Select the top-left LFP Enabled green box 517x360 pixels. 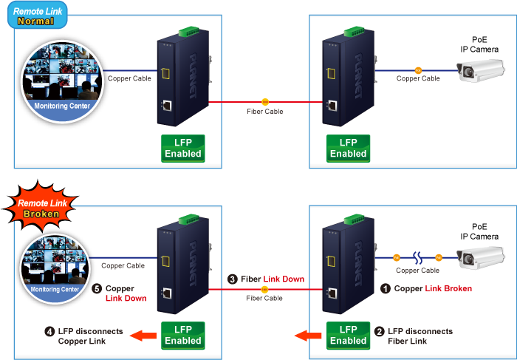(182, 148)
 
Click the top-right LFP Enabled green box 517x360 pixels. (348, 148)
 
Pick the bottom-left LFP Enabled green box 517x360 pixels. (182, 335)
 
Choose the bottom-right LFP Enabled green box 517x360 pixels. (348, 335)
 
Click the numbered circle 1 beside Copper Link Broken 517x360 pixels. (385, 289)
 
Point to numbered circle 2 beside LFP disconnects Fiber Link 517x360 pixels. (380, 332)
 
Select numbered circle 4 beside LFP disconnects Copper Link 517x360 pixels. (49, 332)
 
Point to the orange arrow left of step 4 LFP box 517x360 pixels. (144, 336)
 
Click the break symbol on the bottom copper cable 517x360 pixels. (417, 257)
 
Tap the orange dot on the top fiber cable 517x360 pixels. (265, 101)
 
